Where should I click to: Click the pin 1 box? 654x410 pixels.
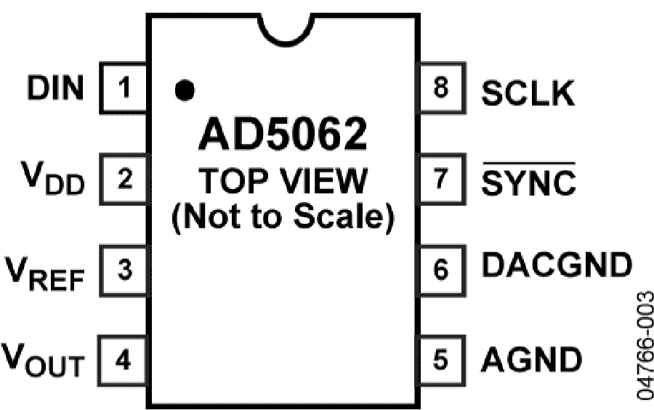pyautogui.click(x=124, y=88)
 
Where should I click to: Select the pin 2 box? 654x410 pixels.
pyautogui.click(x=124, y=180)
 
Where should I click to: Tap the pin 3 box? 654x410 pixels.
pyautogui.click(x=124, y=270)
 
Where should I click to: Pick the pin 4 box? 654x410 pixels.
pyautogui.click(x=123, y=361)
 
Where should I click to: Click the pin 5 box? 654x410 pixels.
pyautogui.click(x=441, y=361)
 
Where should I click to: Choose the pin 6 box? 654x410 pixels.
pyautogui.click(x=441, y=270)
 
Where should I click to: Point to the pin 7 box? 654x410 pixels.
pyautogui.click(x=441, y=180)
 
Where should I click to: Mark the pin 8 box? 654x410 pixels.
pyautogui.click(x=441, y=88)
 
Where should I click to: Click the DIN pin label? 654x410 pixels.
pyautogui.click(x=55, y=87)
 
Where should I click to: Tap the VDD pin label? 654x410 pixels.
pyautogui.click(x=53, y=178)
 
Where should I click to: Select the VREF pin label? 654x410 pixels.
pyautogui.click(x=44, y=274)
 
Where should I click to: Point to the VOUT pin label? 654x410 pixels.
pyautogui.click(x=43, y=360)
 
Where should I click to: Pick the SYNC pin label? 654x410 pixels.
pyautogui.click(x=529, y=180)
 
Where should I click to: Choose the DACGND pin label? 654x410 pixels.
pyautogui.click(x=557, y=265)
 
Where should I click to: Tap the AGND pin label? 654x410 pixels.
pyautogui.click(x=532, y=359)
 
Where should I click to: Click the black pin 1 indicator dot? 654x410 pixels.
pyautogui.click(x=185, y=90)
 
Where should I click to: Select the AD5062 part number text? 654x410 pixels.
pyautogui.click(x=283, y=134)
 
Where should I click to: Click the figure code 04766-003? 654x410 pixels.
pyautogui.click(x=645, y=346)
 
